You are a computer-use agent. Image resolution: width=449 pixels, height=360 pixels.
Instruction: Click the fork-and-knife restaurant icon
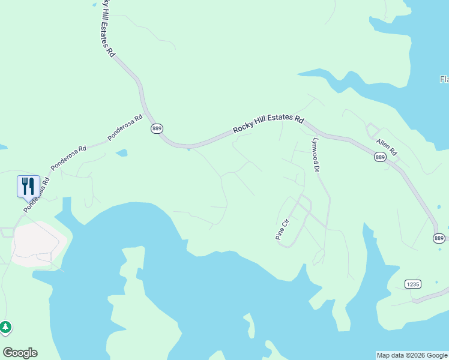(28, 186)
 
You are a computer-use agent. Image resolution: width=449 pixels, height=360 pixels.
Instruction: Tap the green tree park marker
(5, 327)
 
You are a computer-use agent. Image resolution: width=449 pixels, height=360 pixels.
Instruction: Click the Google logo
(20, 353)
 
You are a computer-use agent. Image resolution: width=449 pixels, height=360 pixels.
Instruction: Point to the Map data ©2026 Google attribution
(411, 355)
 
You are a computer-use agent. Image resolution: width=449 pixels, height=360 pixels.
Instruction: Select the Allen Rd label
(387, 147)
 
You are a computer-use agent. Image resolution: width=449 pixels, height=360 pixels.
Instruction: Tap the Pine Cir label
(282, 229)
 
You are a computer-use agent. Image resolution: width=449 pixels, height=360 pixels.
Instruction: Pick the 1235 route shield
(412, 284)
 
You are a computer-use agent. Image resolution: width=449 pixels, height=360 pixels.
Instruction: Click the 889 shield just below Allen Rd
(380, 157)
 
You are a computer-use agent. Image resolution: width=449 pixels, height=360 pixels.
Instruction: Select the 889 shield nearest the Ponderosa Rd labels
(157, 129)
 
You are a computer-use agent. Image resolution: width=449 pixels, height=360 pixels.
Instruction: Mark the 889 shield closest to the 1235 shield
(439, 238)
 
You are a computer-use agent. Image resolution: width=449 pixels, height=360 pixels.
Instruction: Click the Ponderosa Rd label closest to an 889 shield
(125, 127)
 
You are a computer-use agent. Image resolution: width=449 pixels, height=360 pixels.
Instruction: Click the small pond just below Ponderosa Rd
(121, 153)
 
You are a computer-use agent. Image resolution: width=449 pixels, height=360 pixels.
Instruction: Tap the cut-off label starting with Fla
(444, 79)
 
